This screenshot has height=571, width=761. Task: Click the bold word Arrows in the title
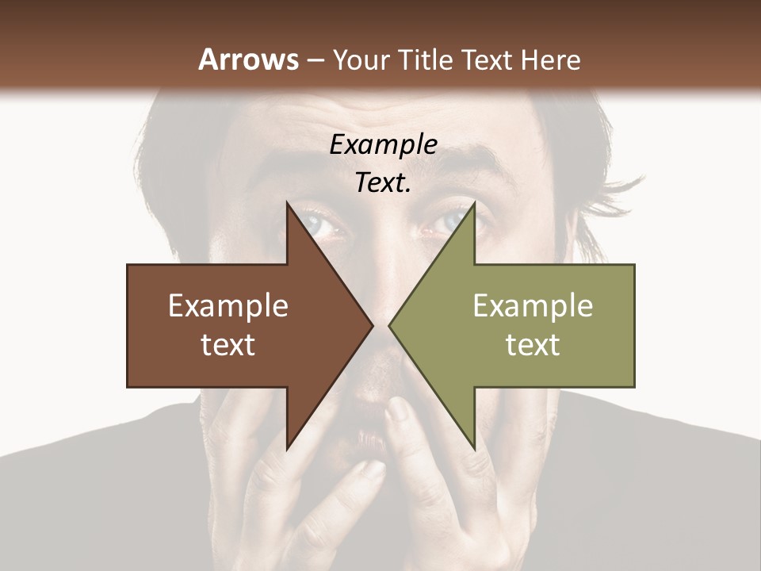(249, 60)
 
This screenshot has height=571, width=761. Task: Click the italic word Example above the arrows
(383, 144)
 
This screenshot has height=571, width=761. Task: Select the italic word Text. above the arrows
(383, 182)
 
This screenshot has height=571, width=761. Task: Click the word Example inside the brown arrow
(228, 306)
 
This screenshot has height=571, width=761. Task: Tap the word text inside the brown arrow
(228, 345)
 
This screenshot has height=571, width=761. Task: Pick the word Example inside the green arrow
(533, 306)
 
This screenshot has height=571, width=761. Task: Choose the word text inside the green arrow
(533, 345)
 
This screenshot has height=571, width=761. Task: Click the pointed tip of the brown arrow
(371, 325)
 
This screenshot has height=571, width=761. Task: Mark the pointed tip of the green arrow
(390, 325)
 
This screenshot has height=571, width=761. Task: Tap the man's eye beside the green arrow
(448, 224)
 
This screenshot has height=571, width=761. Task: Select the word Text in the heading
(487, 60)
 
